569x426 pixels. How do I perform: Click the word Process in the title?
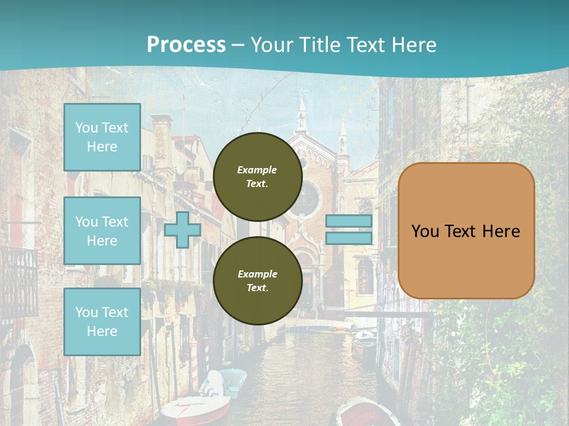[186, 44]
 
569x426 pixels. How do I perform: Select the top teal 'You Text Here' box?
[102, 137]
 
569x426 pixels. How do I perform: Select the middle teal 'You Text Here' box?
[102, 231]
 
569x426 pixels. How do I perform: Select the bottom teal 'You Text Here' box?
[102, 321]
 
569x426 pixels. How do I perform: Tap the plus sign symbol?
[183, 230]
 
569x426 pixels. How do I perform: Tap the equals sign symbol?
[349, 230]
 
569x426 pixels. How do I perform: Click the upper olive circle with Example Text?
[257, 176]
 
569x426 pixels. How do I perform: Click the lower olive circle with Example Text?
[257, 280]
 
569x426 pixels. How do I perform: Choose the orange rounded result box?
[466, 231]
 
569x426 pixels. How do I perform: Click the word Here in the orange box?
[501, 231]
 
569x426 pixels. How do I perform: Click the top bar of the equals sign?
[349, 221]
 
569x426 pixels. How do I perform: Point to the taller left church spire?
[302, 115]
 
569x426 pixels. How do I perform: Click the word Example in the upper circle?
[257, 170]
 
